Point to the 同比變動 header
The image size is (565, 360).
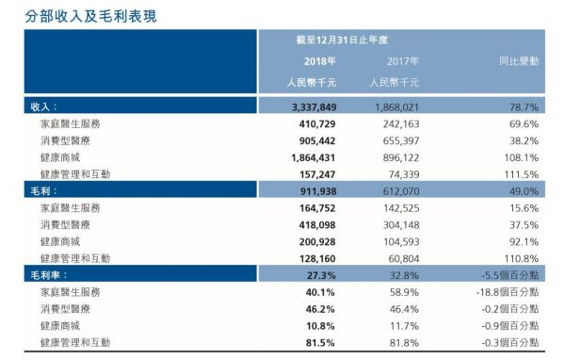(519, 61)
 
